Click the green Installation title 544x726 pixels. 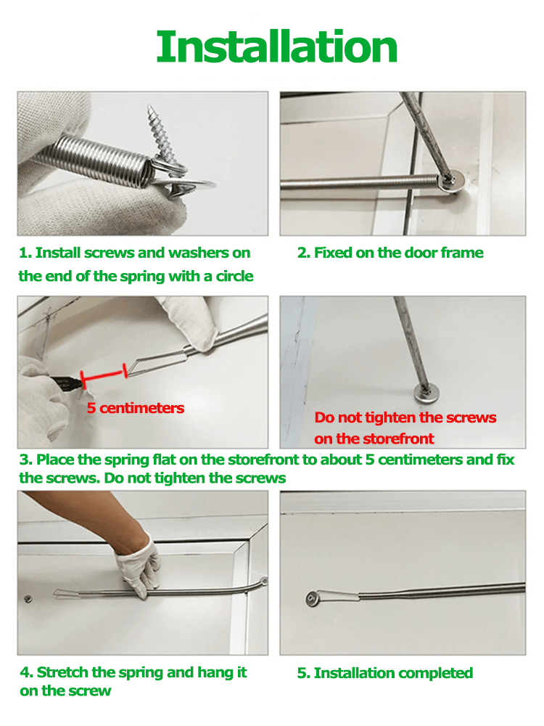pos(276,46)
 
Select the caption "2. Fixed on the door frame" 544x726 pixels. pos(390,253)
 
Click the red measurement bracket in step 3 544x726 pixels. pos(104,375)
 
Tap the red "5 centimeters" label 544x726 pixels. pos(136,408)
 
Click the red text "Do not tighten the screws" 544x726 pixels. pos(405,417)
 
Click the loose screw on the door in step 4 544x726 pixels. pos(28,599)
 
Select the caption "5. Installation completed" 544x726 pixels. pos(384,673)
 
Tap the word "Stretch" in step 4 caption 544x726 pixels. pos(64,672)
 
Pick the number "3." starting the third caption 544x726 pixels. pos(26,460)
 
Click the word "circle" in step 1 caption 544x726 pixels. pos(234,276)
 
